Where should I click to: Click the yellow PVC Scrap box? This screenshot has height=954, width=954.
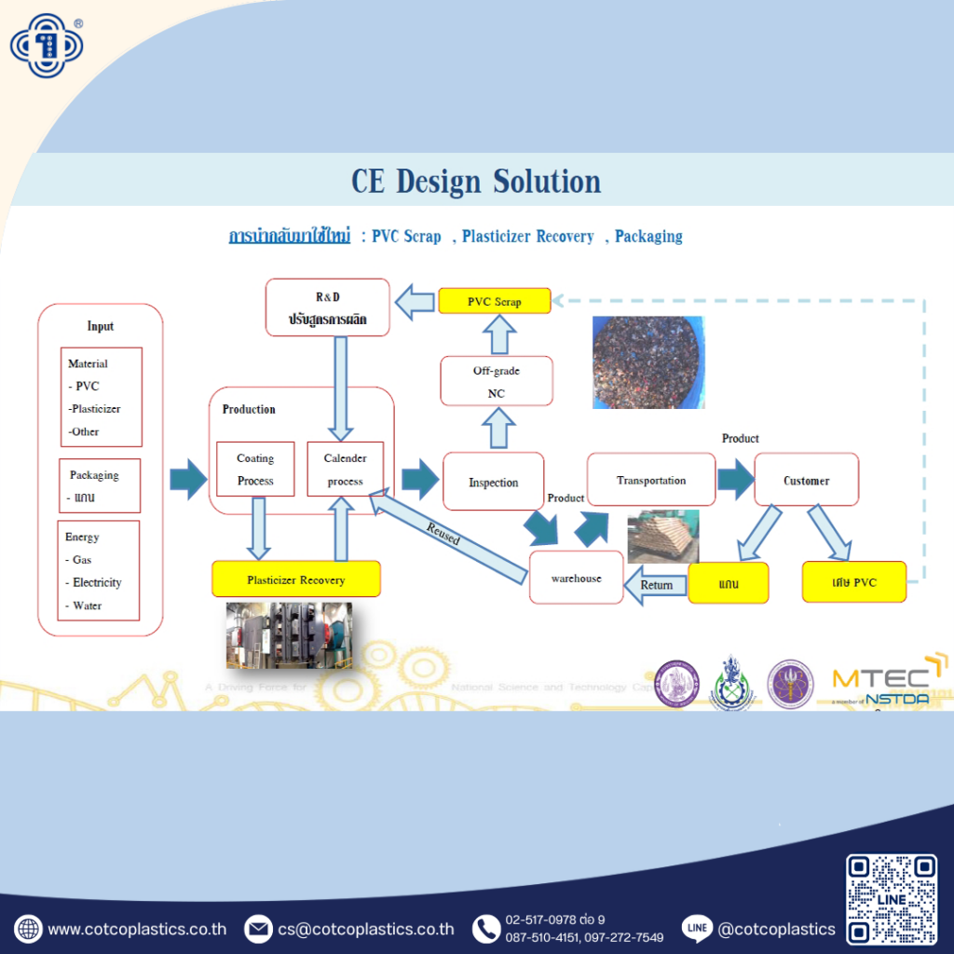(x=495, y=301)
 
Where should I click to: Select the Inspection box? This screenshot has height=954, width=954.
(x=493, y=482)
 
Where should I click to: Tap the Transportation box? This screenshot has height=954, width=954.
(x=651, y=480)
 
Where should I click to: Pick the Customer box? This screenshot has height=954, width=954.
(x=806, y=480)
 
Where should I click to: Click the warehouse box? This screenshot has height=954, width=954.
(x=576, y=578)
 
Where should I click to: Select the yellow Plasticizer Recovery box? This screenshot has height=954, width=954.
(x=296, y=579)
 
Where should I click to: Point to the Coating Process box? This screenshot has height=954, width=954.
(x=255, y=470)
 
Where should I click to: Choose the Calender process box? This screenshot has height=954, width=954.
(x=345, y=470)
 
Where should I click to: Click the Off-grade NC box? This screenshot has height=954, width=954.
(x=496, y=381)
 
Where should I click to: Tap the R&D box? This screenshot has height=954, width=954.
(x=327, y=307)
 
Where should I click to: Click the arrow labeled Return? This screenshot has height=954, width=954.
(x=656, y=585)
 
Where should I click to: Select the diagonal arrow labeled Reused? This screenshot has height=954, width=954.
(x=445, y=538)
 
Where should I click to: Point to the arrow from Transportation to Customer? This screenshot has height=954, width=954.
(x=735, y=481)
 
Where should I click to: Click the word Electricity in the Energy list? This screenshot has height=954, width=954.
(x=97, y=582)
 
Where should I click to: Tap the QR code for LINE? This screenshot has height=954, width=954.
(x=892, y=900)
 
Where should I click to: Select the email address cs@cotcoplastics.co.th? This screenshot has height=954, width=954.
(x=366, y=929)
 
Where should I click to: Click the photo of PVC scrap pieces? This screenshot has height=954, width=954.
(x=648, y=362)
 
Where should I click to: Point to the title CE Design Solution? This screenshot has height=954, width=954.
(x=476, y=181)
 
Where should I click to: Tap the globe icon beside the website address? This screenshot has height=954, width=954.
(x=28, y=929)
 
